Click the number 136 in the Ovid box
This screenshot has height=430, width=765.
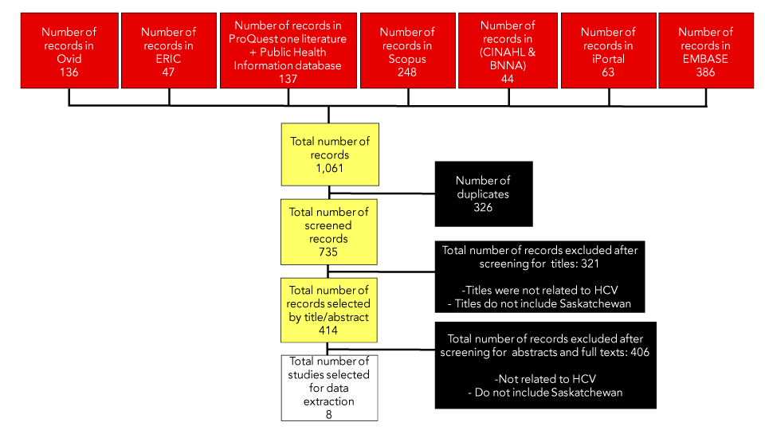coord(69,72)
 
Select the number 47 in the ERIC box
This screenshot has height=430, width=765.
coord(168,72)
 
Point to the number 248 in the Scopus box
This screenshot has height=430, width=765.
coord(407,72)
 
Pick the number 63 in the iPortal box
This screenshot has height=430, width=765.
coord(608,72)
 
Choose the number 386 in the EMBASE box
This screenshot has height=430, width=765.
coord(704,72)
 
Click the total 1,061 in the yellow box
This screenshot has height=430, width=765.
coord(329,167)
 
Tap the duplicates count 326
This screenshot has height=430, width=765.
coord(482,207)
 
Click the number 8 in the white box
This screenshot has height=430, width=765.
coord(328,414)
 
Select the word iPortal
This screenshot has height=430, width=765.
coord(608,58)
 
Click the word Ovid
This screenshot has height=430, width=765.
coord(69,58)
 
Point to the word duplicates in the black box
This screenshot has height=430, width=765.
coord(482,193)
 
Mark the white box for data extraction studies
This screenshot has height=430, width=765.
coord(328,388)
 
